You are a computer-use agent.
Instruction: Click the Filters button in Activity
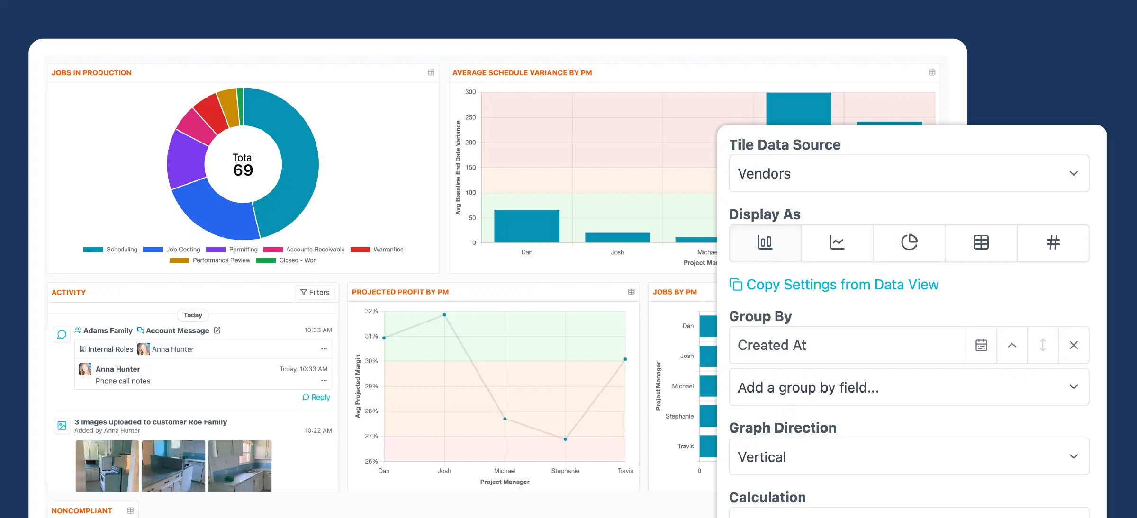click(315, 293)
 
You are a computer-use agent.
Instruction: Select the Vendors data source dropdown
click(909, 174)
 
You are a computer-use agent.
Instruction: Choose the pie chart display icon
click(909, 242)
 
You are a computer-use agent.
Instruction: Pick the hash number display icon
click(1053, 242)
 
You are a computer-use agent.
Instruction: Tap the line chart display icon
click(837, 242)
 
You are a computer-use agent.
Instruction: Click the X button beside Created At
click(1074, 345)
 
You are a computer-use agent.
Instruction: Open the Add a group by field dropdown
click(909, 387)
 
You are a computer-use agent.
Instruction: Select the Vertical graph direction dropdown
click(909, 457)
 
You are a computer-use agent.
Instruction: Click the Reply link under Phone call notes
click(316, 397)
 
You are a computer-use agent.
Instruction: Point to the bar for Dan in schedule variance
click(527, 226)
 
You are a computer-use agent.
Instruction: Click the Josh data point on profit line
click(444, 315)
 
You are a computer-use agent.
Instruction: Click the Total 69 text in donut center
click(243, 165)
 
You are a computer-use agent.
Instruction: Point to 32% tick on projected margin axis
click(371, 311)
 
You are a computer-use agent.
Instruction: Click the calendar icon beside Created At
click(981, 345)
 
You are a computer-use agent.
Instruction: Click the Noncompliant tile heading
click(82, 510)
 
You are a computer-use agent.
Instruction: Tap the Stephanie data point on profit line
click(565, 439)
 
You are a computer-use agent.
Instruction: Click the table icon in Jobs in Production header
click(431, 72)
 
